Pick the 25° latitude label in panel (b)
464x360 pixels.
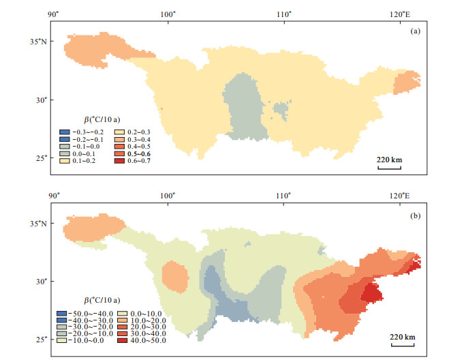42,339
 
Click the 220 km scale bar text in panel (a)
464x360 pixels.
389,160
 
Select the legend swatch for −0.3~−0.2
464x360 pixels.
63,131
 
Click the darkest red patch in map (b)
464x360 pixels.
372,293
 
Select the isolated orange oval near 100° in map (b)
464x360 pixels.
175,278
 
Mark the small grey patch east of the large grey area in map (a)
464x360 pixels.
279,109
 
